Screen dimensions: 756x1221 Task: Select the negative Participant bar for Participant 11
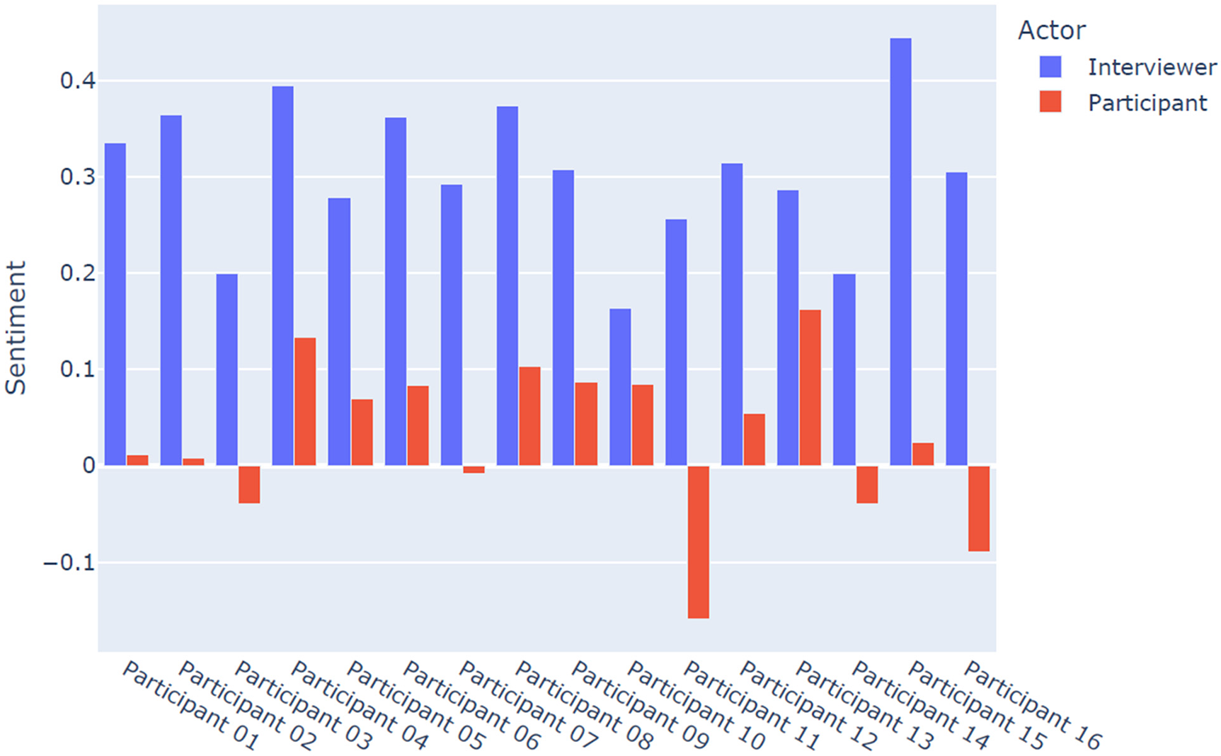[698, 542]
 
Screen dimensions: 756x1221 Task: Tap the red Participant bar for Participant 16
[979, 508]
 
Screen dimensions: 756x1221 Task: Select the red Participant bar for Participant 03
[249, 484]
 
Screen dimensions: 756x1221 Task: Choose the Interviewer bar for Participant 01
[115, 304]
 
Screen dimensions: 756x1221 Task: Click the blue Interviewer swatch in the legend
[1050, 67]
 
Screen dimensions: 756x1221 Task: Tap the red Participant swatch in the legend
[1050, 102]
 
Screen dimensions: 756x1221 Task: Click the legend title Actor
[1051, 30]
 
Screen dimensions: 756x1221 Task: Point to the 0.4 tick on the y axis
[77, 81]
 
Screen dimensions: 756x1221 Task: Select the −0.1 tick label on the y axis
[69, 563]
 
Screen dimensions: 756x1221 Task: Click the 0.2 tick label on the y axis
[77, 273]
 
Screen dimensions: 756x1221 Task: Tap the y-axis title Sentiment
[16, 327]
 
